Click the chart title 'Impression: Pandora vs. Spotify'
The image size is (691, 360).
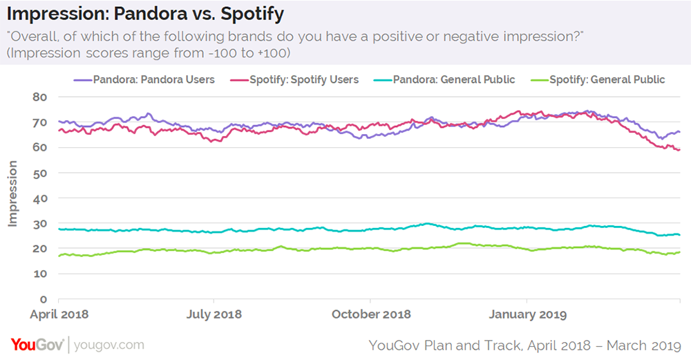tap(145, 14)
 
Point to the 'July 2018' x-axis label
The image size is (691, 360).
tap(214, 314)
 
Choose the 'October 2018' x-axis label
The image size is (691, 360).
tap(371, 314)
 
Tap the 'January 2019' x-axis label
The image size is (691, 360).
tap(527, 314)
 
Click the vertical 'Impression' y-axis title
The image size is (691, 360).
tap(12, 193)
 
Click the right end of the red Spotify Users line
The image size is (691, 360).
tap(680, 150)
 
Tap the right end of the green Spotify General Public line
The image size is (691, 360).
tap(680, 252)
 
